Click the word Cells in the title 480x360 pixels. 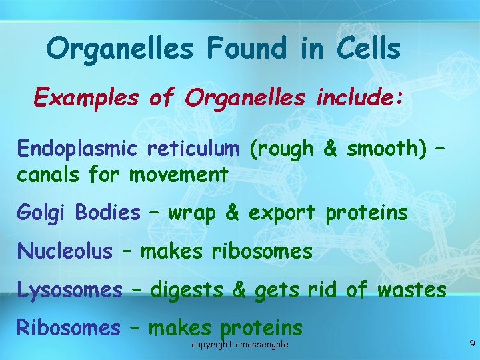pos(369,49)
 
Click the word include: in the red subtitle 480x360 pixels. pos(357,98)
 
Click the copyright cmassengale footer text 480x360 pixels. pos(239,344)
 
